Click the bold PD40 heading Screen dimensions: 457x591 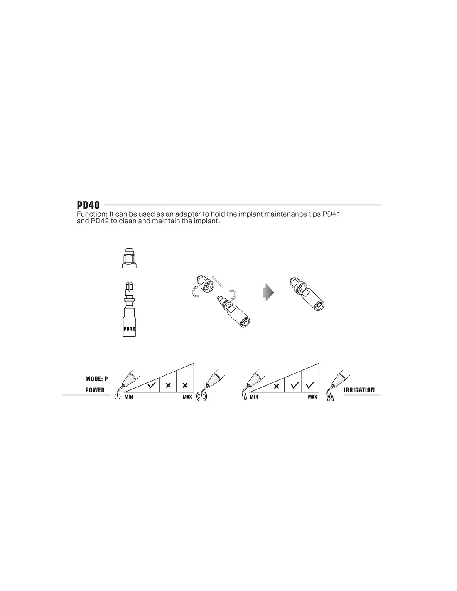(88, 205)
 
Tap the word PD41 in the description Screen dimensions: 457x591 (331, 214)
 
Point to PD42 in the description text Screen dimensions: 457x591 (100, 221)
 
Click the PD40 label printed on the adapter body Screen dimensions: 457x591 (129, 329)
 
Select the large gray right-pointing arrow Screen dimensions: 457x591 (268, 292)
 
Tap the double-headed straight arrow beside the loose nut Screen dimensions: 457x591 (218, 281)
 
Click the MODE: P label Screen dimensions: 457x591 (96, 379)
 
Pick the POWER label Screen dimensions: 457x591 (95, 390)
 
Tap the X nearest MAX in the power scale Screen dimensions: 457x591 (185, 385)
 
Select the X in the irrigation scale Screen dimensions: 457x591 (276, 386)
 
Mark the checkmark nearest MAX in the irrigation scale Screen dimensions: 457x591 (310, 385)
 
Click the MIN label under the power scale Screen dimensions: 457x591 (129, 397)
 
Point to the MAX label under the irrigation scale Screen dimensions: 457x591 (312, 397)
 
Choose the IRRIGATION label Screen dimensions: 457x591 (359, 390)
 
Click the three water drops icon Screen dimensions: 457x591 (330, 398)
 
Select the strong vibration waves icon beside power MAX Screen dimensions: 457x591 (201, 397)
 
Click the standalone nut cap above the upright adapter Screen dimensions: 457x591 (129, 258)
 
